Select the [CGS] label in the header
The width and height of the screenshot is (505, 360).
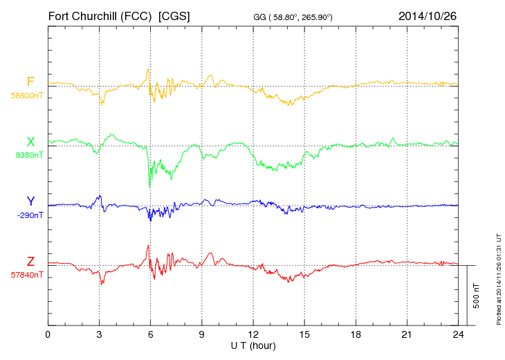click(174, 15)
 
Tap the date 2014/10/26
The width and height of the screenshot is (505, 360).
click(428, 15)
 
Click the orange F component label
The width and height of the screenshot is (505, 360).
click(30, 82)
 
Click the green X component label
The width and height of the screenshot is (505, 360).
click(30, 142)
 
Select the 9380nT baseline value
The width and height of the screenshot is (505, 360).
click(28, 155)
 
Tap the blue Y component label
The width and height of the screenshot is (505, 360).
click(30, 201)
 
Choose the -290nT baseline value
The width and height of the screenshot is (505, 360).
click(28, 215)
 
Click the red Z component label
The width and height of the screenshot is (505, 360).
click(30, 261)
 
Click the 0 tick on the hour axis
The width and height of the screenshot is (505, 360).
click(48, 335)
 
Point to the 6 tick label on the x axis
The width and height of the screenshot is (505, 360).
click(150, 335)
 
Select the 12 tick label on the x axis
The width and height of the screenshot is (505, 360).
click(253, 335)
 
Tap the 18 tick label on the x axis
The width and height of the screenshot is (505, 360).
click(356, 335)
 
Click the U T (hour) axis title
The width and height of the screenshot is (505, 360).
click(253, 345)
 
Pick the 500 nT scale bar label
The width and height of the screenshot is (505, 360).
click(477, 296)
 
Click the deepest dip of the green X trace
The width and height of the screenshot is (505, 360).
click(150, 188)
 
